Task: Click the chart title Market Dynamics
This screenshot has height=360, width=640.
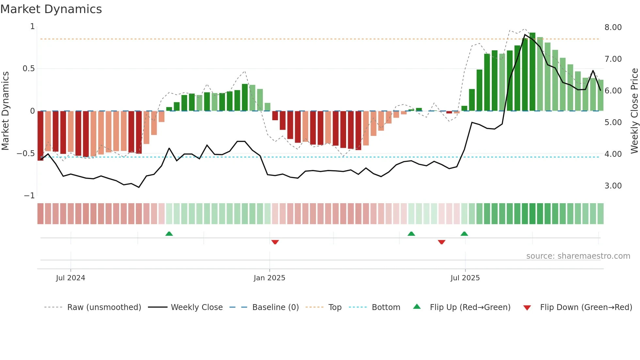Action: pos(51,9)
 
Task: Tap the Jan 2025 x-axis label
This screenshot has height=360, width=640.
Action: pos(269,278)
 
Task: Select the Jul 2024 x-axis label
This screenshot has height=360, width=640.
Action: pos(71,278)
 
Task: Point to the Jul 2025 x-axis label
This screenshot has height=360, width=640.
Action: pos(465,278)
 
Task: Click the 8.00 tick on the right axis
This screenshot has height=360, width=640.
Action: pos(613,27)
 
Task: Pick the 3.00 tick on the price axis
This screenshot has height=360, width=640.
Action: pos(613,186)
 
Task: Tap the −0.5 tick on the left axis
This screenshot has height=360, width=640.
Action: pos(26,154)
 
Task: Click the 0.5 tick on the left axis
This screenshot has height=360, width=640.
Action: pos(28,69)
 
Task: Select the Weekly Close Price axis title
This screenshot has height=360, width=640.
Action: pos(634,111)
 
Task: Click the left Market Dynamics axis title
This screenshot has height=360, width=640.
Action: pos(5,111)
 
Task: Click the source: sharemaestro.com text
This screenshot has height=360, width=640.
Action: pos(578,256)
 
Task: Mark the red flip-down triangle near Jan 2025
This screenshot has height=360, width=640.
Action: pos(275,242)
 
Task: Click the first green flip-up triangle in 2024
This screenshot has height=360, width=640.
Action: pos(169,234)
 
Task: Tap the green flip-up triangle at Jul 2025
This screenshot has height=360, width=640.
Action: pos(464,234)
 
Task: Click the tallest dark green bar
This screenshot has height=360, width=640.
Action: pos(532,72)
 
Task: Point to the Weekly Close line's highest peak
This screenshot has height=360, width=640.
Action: pos(525,35)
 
